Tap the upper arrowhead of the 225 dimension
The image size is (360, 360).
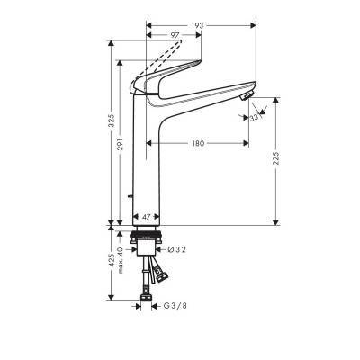[276, 101]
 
